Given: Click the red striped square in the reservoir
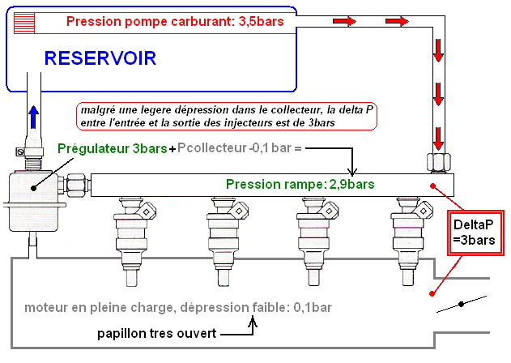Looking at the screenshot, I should [24, 21].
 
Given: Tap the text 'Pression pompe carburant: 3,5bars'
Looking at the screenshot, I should [175, 21].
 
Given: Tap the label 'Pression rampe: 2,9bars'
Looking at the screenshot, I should [300, 184].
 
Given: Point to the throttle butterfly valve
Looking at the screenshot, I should [461, 305].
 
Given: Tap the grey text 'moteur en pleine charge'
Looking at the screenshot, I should [89, 308].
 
